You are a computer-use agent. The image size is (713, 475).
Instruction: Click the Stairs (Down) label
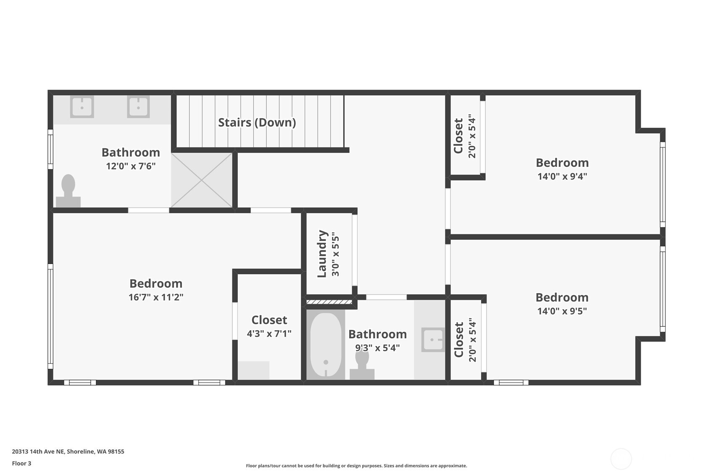[257, 122]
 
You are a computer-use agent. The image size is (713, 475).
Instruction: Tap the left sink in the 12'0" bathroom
[82, 107]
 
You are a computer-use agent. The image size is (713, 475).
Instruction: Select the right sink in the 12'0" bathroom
[138, 107]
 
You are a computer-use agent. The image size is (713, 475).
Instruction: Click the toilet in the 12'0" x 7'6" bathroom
[68, 191]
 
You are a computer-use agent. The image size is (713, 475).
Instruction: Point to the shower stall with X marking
[202, 180]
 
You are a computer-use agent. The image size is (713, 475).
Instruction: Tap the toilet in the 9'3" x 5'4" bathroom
[362, 365]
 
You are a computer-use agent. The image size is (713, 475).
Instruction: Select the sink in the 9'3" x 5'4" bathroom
[433, 339]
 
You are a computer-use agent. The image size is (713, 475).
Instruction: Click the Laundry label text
[322, 253]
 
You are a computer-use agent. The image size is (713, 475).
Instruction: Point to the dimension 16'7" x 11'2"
[156, 297]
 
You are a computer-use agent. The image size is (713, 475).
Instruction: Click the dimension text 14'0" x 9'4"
[562, 176]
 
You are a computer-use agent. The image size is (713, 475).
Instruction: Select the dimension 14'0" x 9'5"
[562, 311]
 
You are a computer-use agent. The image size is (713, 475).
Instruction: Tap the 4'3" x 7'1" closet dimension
[269, 333]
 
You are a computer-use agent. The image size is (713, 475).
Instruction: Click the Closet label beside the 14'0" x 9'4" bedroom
[458, 136]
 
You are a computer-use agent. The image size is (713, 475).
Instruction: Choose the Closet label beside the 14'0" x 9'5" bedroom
[459, 339]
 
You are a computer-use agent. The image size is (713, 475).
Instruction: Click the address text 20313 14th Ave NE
[68, 451]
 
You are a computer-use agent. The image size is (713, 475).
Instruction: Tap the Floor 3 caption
[21, 463]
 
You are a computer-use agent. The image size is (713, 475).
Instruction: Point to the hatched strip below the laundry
[329, 302]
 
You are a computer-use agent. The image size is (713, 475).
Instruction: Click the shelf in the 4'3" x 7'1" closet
[253, 370]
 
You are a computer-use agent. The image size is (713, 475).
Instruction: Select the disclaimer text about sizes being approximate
[356, 466]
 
